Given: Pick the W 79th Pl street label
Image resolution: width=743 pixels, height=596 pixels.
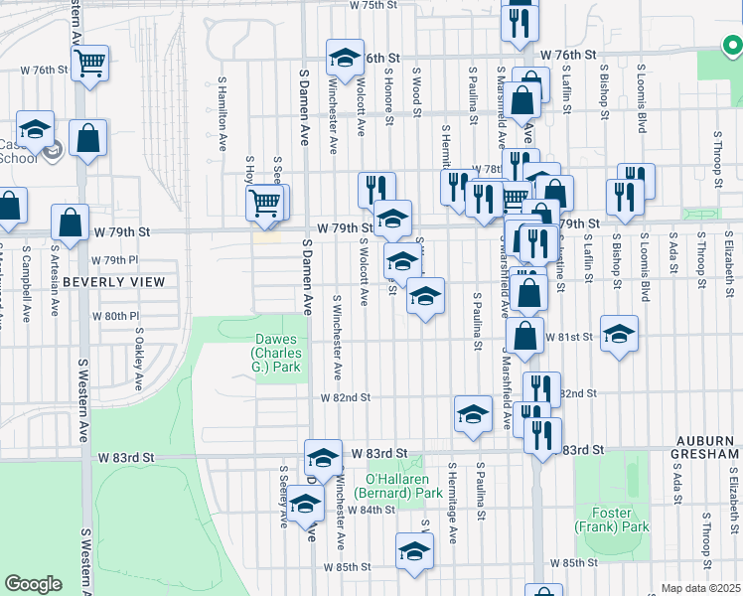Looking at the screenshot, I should pyautogui.click(x=114, y=259).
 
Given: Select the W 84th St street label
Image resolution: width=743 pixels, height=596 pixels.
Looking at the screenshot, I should pyautogui.click(x=373, y=510).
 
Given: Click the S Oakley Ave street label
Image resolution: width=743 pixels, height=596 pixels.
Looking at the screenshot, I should pyautogui.click(x=138, y=366).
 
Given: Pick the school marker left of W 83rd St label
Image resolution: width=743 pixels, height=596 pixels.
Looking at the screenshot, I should pyautogui.click(x=323, y=458).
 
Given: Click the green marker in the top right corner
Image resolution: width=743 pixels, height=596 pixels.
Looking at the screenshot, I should pyautogui.click(x=732, y=44).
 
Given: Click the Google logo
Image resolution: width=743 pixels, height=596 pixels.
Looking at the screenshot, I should pyautogui.click(x=33, y=584).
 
